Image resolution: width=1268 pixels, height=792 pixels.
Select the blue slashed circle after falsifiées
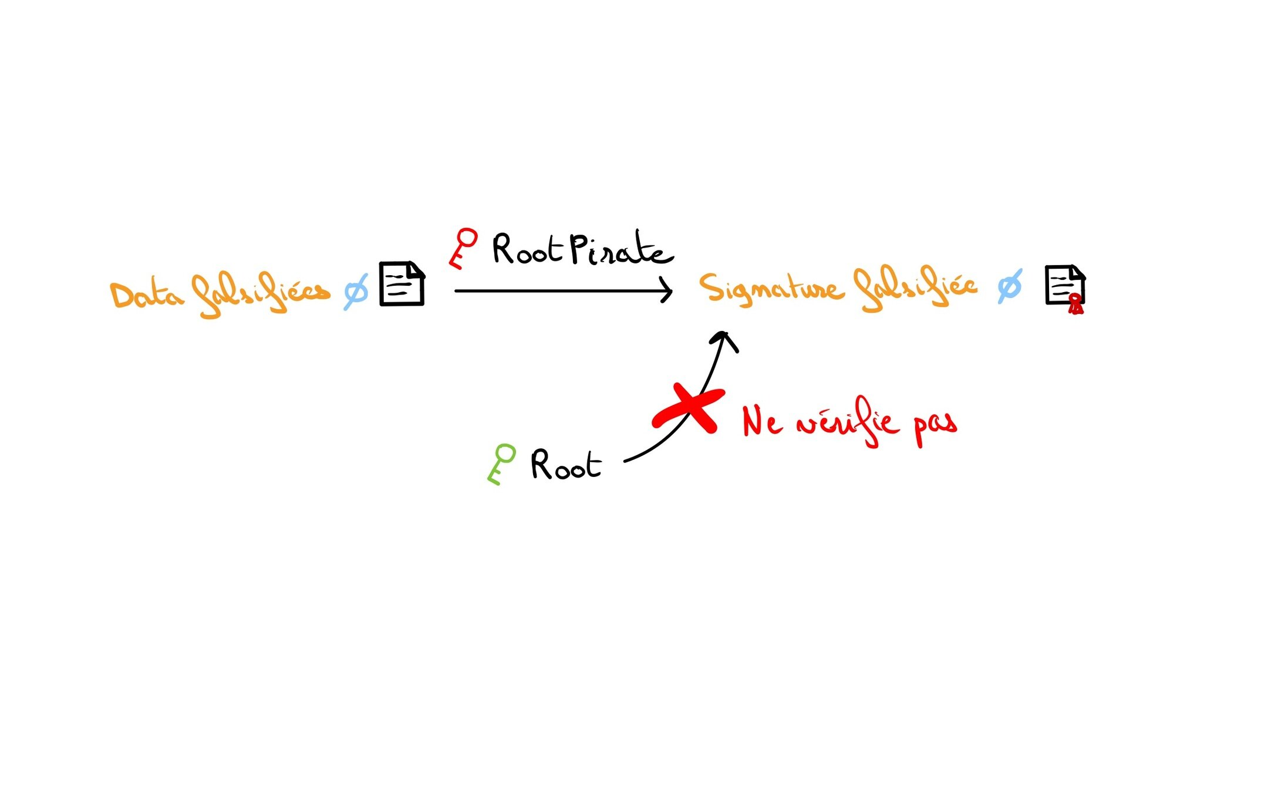click(x=356, y=292)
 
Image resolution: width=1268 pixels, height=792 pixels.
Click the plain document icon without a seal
click(x=402, y=284)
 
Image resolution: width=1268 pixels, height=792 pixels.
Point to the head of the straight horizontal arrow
click(x=668, y=291)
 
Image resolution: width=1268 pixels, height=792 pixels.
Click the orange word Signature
click(x=770, y=288)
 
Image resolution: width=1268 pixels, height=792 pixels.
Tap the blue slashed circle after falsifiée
click(x=1010, y=287)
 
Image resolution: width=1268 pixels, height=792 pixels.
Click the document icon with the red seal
click(x=1064, y=286)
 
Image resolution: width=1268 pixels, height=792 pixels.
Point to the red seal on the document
click(x=1075, y=304)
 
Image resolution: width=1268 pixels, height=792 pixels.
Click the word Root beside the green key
click(x=565, y=465)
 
